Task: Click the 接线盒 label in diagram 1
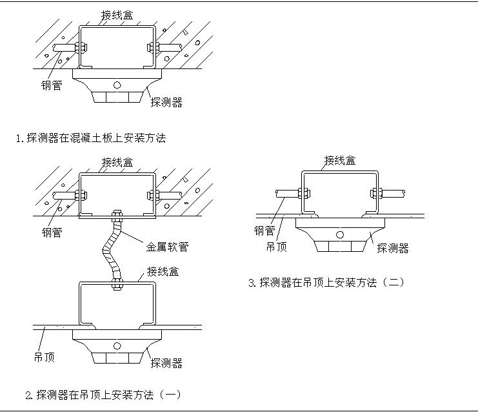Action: [117, 14]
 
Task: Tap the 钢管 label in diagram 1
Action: [52, 85]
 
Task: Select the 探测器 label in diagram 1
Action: [166, 102]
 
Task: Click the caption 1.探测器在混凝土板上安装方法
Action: [91, 138]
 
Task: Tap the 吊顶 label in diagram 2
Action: [44, 357]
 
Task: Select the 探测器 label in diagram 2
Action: [166, 364]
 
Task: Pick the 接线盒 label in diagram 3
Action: [340, 160]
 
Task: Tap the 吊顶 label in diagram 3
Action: [276, 247]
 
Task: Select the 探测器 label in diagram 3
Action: [392, 248]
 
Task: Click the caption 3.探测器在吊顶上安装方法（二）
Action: [326, 282]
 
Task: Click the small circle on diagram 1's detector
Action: [117, 85]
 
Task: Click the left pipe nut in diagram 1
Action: [80, 47]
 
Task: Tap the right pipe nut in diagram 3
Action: [377, 192]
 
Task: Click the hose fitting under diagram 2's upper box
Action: [117, 216]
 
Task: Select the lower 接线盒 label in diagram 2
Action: [163, 271]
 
